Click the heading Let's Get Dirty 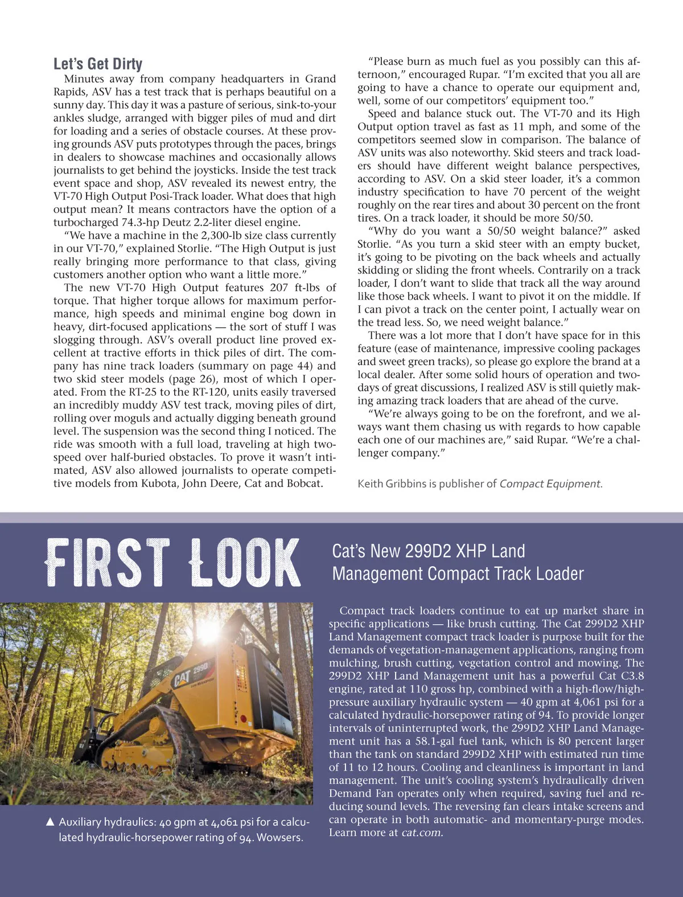point(98,64)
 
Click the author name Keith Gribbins point(392,484)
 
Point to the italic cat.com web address point(422,833)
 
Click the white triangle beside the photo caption point(50,822)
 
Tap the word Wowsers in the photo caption point(280,838)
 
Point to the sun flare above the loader point(208,629)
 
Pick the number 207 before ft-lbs point(279,288)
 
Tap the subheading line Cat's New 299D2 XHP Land point(428,551)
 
